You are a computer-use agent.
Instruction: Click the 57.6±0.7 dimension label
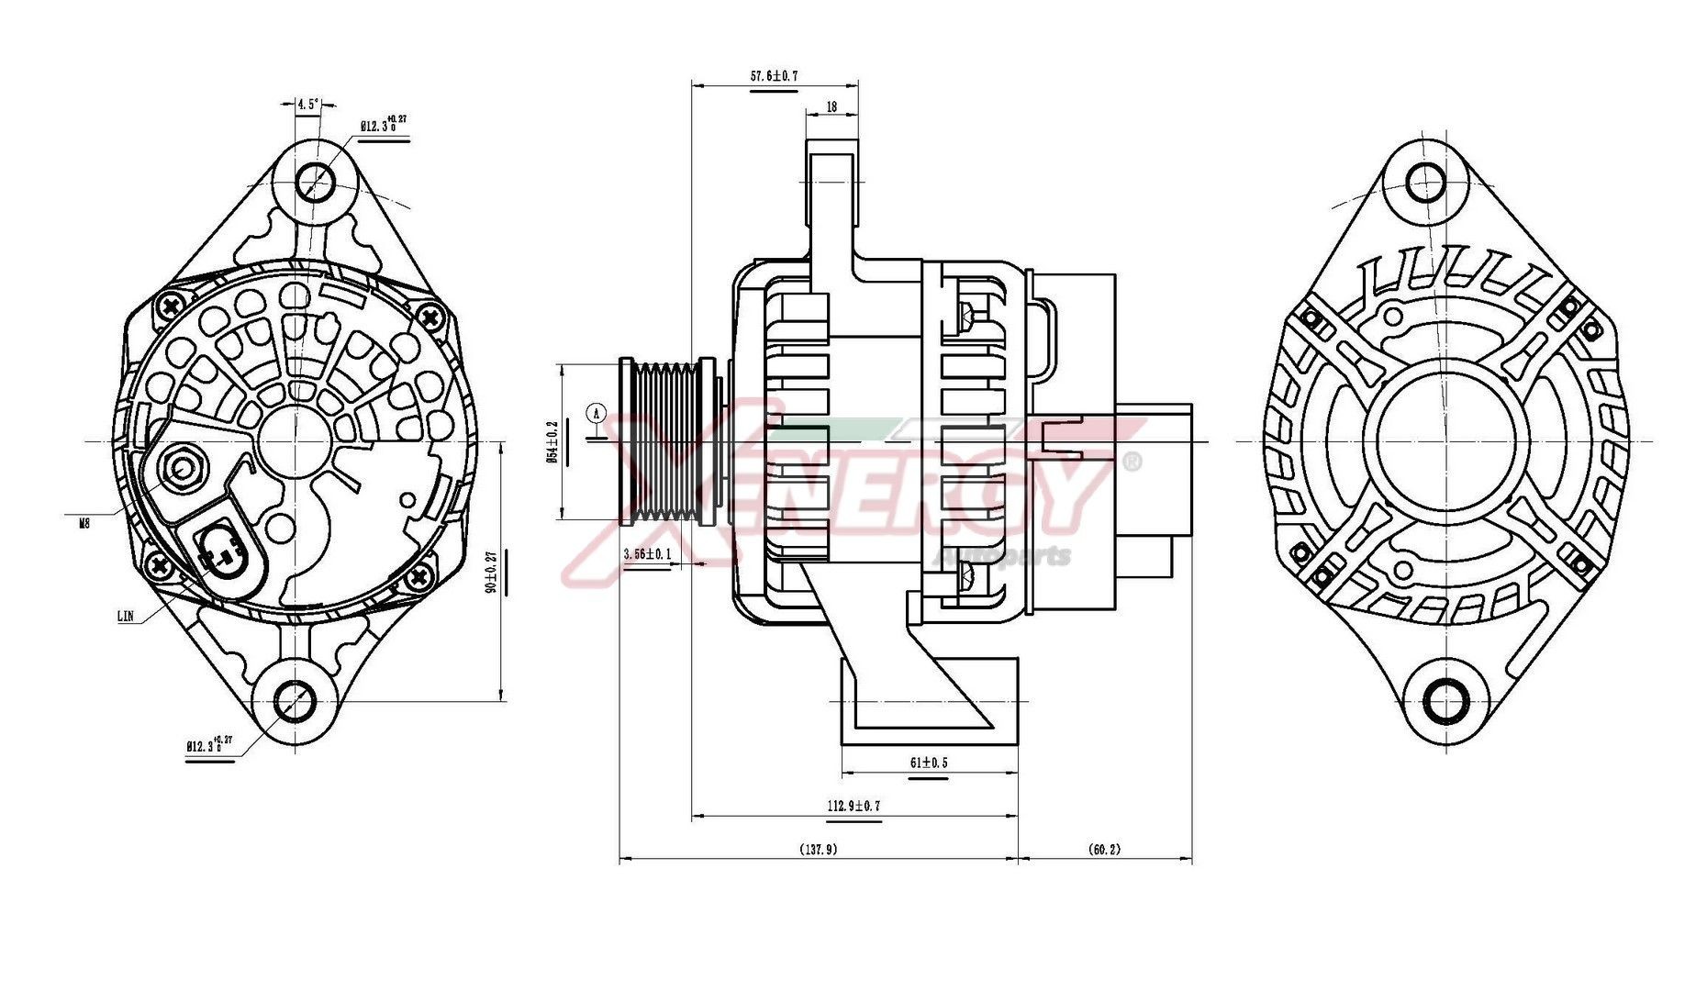click(774, 76)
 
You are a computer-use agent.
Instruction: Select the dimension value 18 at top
click(831, 106)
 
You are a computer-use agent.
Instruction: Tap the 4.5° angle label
click(307, 105)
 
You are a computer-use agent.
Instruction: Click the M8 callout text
click(84, 523)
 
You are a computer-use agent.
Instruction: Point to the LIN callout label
click(126, 616)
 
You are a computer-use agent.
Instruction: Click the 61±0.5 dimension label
click(929, 763)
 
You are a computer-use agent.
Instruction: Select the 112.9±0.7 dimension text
click(853, 806)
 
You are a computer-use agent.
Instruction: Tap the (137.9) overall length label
click(818, 850)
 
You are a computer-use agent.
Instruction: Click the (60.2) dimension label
click(1104, 850)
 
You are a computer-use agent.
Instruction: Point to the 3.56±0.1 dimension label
click(647, 554)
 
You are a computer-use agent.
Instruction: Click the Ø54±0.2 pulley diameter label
click(552, 441)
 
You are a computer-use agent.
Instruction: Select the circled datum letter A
click(597, 414)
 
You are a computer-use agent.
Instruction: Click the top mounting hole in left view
click(315, 180)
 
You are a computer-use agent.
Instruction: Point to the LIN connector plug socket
click(220, 548)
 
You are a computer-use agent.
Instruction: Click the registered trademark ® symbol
click(1132, 462)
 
